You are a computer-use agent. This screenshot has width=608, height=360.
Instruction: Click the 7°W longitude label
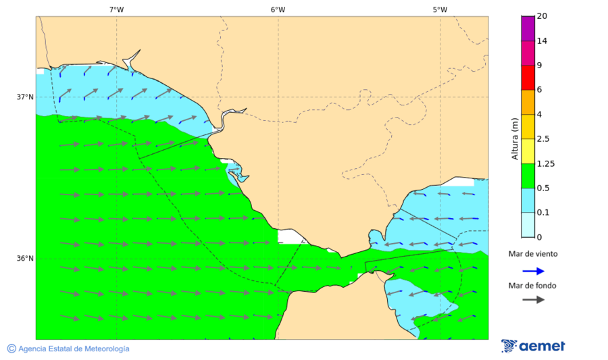point(116,9)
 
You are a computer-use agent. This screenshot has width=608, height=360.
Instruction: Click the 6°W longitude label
point(278,9)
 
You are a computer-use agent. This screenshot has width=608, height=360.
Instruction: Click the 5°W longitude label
point(440,9)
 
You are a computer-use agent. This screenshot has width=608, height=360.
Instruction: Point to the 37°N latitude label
point(25,97)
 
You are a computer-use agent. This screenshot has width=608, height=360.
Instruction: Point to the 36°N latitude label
point(25,258)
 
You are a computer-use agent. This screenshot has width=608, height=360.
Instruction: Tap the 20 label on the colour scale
point(542,16)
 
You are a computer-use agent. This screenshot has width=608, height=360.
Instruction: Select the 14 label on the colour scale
point(542,41)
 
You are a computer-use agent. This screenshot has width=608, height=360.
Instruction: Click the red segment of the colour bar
point(528,77)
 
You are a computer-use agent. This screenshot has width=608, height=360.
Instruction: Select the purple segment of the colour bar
point(528,28)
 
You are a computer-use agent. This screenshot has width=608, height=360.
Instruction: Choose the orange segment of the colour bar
point(528,102)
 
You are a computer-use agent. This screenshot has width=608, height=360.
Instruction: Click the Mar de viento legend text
point(533,254)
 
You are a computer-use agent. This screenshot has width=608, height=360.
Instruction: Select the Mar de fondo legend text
point(533,285)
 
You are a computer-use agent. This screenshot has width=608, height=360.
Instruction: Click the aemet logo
point(533,346)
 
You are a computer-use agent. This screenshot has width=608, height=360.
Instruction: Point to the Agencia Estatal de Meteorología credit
point(68,349)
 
